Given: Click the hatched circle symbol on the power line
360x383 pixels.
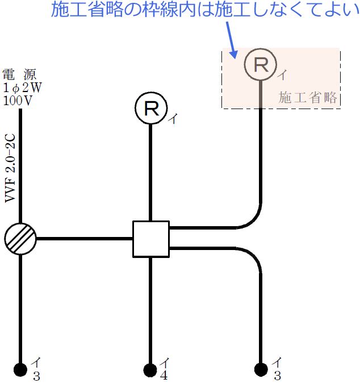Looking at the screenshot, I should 20,239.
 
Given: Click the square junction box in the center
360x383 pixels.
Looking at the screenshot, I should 150,239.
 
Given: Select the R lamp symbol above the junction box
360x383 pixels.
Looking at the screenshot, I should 150,108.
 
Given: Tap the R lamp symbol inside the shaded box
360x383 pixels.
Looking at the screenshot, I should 261,64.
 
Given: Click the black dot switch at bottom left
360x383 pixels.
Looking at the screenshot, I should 20,370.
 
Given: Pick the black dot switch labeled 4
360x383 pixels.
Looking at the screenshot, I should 150,370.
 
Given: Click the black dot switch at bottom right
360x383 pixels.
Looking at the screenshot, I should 261,370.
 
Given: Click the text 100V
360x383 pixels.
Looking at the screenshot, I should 18,99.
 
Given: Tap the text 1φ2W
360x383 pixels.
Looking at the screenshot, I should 22,87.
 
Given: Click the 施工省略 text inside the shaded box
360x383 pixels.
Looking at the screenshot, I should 308,97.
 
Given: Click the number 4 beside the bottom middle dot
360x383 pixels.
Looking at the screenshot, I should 164,375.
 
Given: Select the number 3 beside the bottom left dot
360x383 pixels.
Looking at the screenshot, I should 36,376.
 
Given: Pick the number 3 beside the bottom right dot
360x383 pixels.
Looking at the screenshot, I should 277,376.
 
